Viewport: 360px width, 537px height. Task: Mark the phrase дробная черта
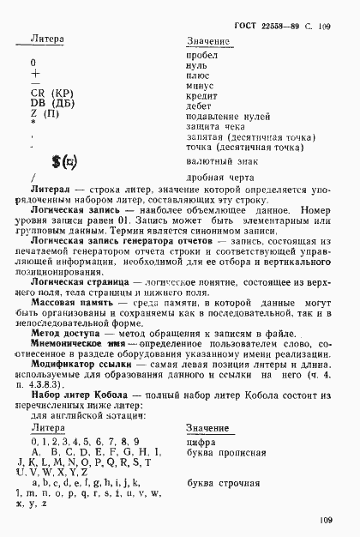tap(217, 177)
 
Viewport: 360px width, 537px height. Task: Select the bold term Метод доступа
tap(68, 335)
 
